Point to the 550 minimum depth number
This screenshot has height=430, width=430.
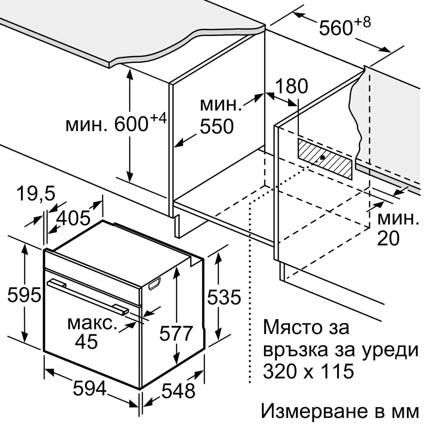pos(217,126)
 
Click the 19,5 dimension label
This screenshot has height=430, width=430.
pos(36,193)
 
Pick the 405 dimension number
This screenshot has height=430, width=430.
pos(73,218)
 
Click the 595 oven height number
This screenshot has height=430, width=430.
pos(24,295)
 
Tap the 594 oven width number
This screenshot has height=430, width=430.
pos(90,389)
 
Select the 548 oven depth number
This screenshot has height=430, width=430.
pos(178,391)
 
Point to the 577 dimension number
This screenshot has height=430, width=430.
pos(176,333)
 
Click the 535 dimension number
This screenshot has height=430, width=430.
pos(224,297)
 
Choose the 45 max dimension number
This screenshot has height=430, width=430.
pos(86,341)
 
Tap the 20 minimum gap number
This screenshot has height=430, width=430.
pos(389,238)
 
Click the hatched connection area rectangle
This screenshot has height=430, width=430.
pos(325,159)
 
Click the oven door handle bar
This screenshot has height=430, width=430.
pos(88,296)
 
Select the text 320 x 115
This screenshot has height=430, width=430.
pos(308,372)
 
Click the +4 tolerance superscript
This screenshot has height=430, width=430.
pos(158,118)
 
